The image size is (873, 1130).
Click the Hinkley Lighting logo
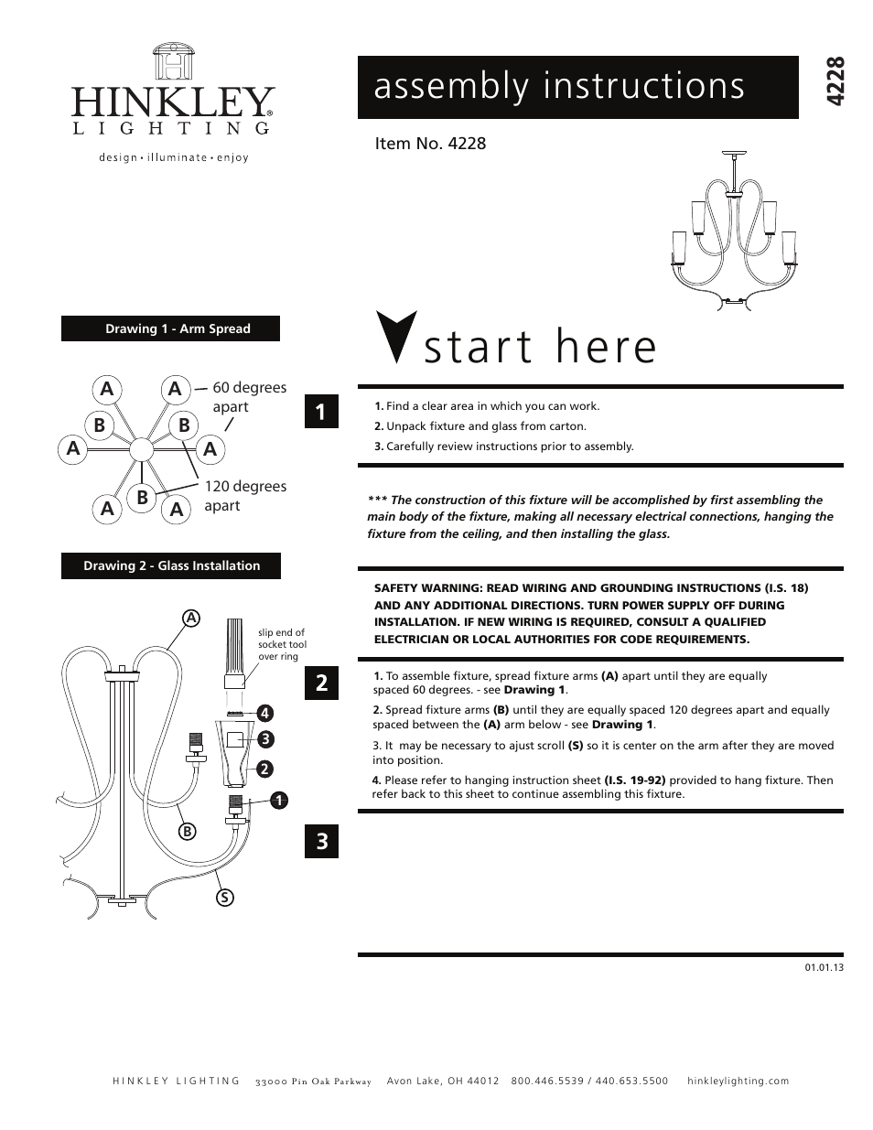click(x=173, y=102)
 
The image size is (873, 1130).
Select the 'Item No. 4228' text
click(x=430, y=144)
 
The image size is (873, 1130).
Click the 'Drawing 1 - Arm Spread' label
click(x=170, y=328)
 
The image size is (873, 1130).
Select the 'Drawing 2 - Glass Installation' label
click(x=171, y=565)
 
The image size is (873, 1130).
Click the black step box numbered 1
click(x=321, y=411)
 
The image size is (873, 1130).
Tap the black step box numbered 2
click(x=321, y=683)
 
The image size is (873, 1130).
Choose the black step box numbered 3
click(x=321, y=841)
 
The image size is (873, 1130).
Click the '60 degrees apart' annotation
click(x=248, y=397)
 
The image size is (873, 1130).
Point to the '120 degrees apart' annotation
click(x=244, y=496)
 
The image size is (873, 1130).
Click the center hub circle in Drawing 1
click(x=141, y=449)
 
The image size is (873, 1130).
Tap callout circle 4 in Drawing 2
click(x=265, y=712)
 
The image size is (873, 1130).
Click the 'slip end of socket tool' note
click(x=281, y=644)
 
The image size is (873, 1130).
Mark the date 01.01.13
click(x=824, y=967)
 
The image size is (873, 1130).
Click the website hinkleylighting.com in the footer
click(x=737, y=1081)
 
